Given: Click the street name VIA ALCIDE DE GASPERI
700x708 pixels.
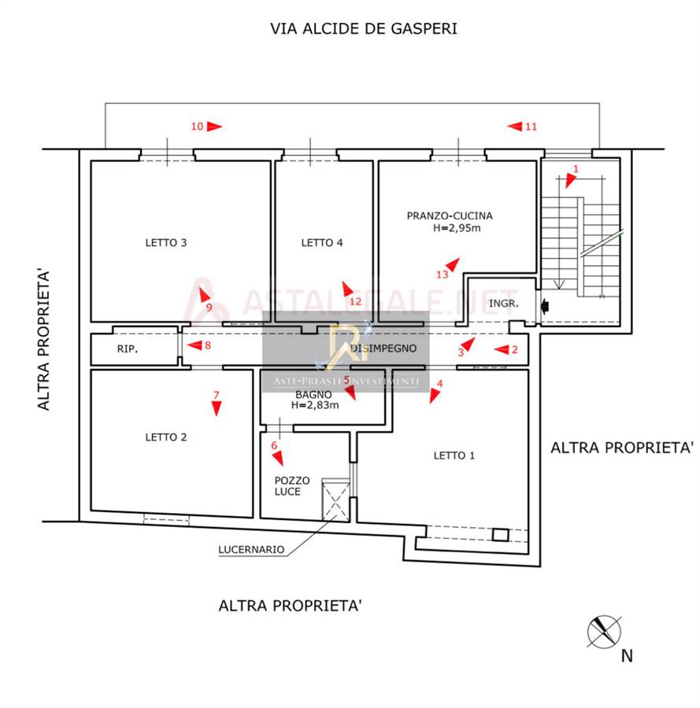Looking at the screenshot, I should point(363,29).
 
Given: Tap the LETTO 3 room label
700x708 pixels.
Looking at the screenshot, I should point(166,243).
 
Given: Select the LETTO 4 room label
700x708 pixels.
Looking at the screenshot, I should point(322,243).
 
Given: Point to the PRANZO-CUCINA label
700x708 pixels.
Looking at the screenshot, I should point(450,216).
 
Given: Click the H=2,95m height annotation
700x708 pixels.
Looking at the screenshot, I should point(457,229).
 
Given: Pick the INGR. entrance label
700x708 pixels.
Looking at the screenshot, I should point(503,304).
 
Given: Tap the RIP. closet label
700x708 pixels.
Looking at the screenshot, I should point(128,349).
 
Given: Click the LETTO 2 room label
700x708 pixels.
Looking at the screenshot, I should point(166,437).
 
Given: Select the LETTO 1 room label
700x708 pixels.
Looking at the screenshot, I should point(455,455).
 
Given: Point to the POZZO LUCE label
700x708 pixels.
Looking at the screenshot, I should point(292,486).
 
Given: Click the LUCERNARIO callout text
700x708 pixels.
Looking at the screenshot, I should point(252,551).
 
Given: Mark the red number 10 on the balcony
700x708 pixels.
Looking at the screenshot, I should point(198,126).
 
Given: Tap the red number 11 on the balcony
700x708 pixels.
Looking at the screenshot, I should point(531,126).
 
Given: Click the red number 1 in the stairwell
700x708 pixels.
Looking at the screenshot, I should point(576,168).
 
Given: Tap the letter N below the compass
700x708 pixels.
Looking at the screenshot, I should point(627,656).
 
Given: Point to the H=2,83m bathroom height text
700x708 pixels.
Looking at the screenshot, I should point(315,406).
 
